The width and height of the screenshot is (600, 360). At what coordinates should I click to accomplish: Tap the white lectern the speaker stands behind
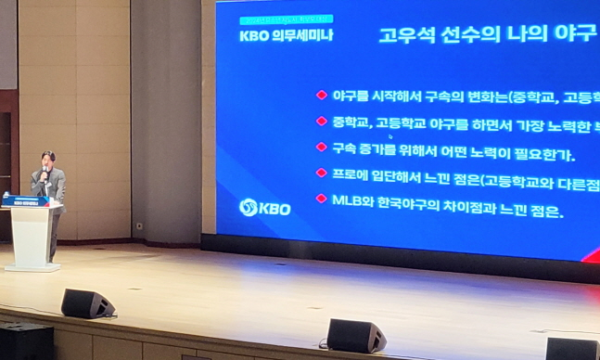[32, 236]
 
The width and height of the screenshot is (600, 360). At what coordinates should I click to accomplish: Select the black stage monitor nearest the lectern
[87, 303]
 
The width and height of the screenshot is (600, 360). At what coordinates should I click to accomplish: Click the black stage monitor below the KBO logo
[356, 335]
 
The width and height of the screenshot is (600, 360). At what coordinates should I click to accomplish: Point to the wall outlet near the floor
[139, 225]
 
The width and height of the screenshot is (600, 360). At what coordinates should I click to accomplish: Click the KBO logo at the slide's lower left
[264, 207]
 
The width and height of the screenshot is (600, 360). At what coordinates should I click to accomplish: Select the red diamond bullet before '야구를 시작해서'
[322, 95]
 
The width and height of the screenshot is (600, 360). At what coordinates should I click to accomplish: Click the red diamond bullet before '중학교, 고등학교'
[322, 121]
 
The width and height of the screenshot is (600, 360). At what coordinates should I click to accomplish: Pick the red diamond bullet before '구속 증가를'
[322, 147]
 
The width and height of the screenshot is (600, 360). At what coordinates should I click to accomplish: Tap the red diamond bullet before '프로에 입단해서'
[322, 173]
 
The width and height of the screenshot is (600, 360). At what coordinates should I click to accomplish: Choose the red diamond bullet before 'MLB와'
[322, 199]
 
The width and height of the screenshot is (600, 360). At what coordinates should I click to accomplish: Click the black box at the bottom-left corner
[26, 341]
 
